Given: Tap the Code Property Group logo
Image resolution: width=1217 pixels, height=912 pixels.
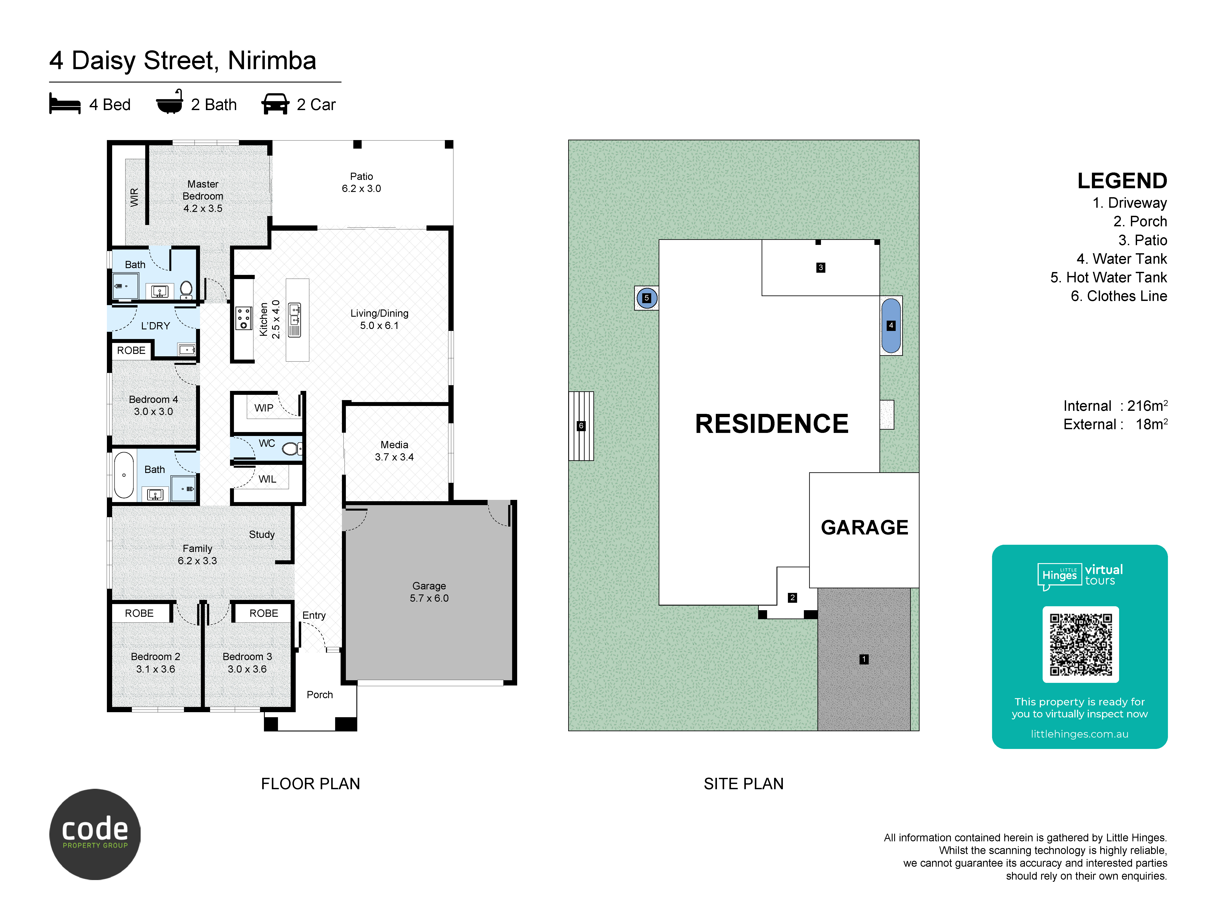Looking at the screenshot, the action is tap(95, 834).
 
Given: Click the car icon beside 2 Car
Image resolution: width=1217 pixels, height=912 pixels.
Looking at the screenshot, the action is tap(275, 104).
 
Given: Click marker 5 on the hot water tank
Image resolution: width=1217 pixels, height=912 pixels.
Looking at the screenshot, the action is tap(646, 298).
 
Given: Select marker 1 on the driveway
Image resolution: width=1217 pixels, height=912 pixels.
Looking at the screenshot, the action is tap(864, 659).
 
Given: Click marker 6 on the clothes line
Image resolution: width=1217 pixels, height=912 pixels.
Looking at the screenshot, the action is tap(581, 425).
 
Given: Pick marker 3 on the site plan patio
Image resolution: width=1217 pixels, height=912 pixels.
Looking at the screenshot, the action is tap(820, 268).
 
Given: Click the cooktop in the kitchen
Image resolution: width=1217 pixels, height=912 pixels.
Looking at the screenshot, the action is tap(243, 318).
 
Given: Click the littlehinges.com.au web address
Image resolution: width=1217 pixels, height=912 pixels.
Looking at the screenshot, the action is tap(1079, 734).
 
